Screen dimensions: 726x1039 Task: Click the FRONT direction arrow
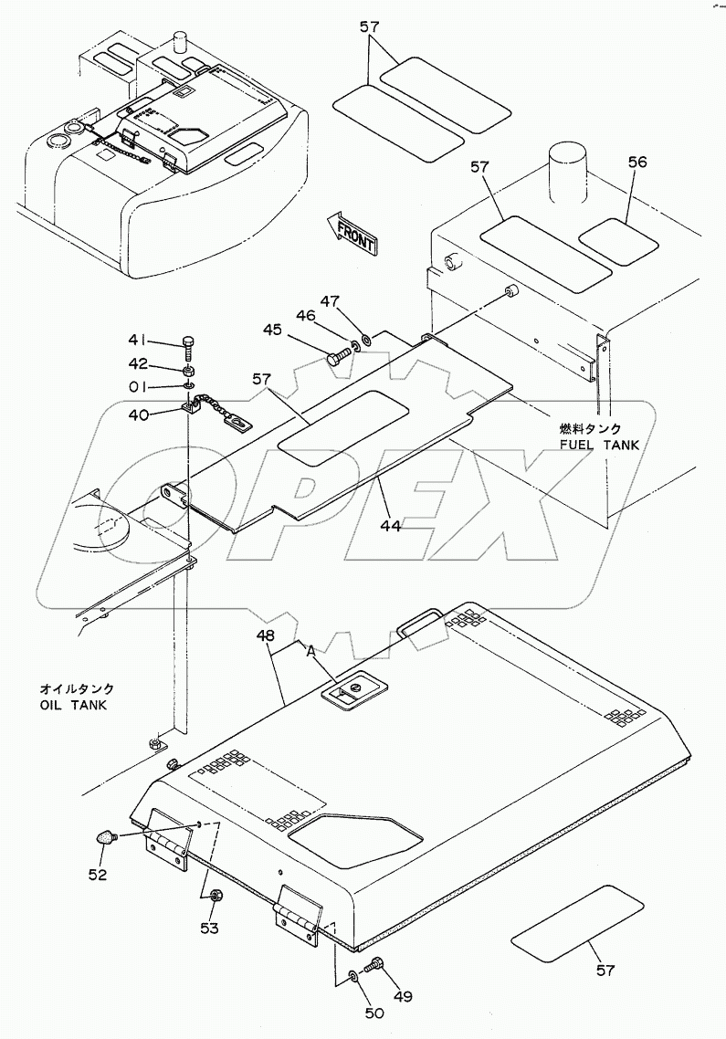coord(352,233)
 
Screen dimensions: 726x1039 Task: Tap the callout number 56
coord(637,163)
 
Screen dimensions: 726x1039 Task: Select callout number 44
coord(391,525)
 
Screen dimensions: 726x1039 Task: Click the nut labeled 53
coord(215,897)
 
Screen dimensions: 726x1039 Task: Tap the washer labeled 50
coord(352,975)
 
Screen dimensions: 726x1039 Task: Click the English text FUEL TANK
coord(599,446)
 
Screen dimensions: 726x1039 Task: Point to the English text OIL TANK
coord(73,706)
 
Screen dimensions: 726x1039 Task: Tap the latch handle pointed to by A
coord(349,695)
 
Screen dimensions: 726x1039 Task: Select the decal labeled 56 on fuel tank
coord(618,242)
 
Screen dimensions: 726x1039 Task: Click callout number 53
coord(209,929)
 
